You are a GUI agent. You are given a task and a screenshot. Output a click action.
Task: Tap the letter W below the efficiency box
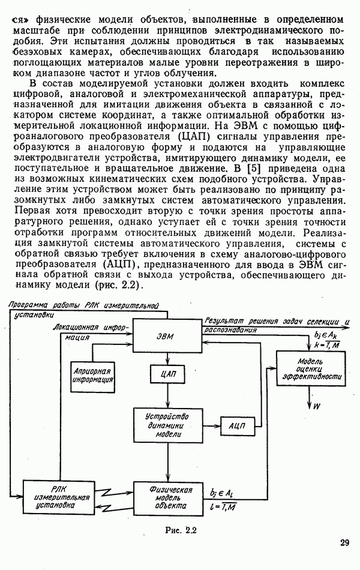click(x=316, y=406)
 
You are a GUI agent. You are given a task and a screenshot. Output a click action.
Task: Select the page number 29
click(x=344, y=542)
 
